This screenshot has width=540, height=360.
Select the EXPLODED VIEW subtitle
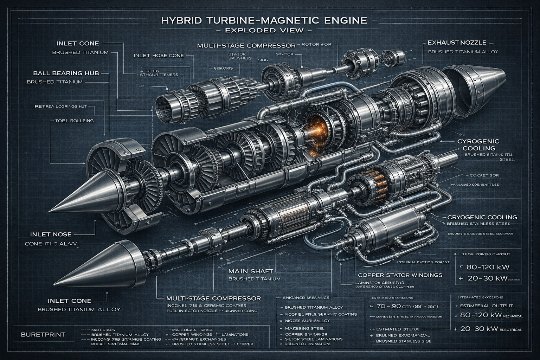264,30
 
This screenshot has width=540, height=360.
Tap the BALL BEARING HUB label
66,73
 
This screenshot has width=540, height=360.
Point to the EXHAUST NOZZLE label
457,43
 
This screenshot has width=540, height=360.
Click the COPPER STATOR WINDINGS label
400,275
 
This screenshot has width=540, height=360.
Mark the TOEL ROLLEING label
74,121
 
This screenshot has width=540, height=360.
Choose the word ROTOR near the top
308,45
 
